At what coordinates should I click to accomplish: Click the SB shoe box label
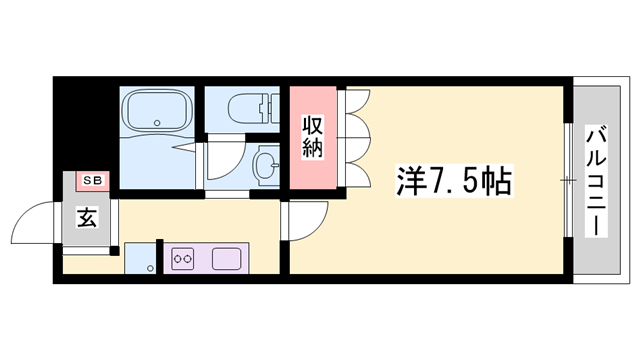pyautogui.click(x=93, y=180)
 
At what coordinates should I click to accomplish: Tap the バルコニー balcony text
pyautogui.click(x=597, y=180)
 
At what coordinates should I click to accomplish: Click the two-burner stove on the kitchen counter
pyautogui.click(x=183, y=259)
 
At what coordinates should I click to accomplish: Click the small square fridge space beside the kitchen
pyautogui.click(x=139, y=259)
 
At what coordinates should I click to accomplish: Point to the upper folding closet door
pyautogui.click(x=356, y=117)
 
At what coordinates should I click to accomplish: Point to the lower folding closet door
pyautogui.click(x=356, y=168)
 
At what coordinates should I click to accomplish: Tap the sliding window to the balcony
pyautogui.click(x=568, y=180)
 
